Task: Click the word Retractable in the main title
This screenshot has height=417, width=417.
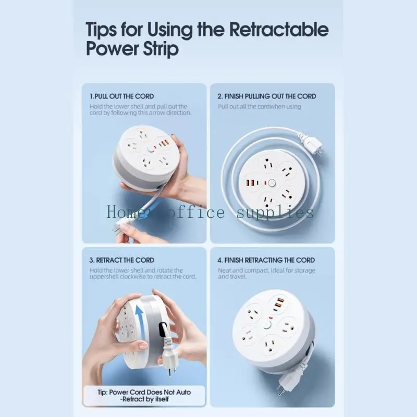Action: tap(279, 29)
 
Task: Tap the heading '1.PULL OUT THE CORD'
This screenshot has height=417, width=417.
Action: tap(121, 96)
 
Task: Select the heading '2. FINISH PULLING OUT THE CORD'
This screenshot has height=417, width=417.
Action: tap(267, 96)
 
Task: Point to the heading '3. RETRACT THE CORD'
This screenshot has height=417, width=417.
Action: tap(122, 260)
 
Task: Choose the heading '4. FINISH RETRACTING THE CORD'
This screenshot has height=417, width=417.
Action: tap(266, 260)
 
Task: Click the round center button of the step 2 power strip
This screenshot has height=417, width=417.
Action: tap(272, 183)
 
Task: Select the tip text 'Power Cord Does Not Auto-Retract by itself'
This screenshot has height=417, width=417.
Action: tap(144, 396)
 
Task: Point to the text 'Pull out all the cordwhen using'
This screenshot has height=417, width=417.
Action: tap(259, 107)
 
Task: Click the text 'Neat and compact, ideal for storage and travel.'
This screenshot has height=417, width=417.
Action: tap(266, 273)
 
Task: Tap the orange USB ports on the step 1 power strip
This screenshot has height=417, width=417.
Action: tap(164, 144)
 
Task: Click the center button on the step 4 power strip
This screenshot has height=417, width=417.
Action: tap(267, 325)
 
